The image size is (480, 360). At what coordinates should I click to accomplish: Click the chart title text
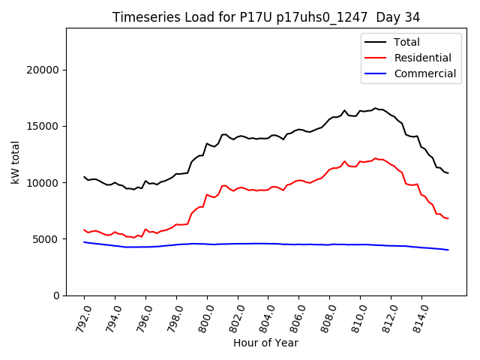[x=266, y=17]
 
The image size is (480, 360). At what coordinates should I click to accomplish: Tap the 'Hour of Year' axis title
[x=266, y=343]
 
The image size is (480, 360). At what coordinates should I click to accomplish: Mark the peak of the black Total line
[x=376, y=108]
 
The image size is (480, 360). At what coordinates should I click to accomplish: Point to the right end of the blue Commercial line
[x=448, y=250]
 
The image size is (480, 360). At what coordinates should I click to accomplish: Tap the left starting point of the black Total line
[x=84, y=177]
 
